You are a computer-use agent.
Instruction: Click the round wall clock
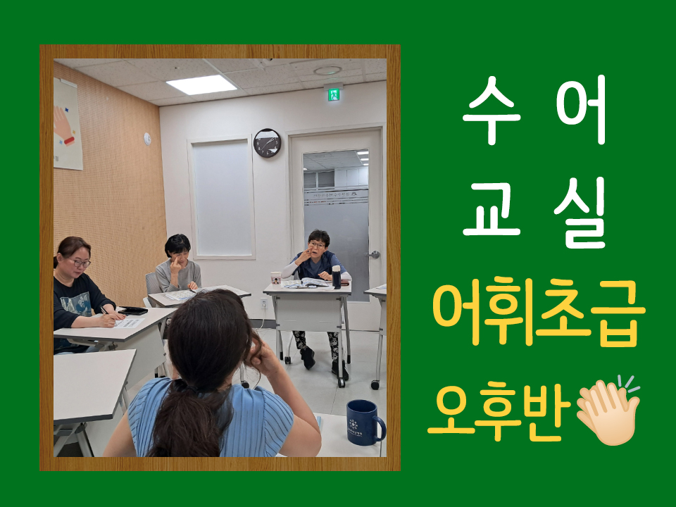[x=267, y=143]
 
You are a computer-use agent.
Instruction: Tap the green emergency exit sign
[x=334, y=94]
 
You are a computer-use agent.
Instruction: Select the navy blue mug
[x=365, y=422]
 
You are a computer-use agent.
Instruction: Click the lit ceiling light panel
[x=201, y=84]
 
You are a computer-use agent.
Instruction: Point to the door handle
[x=374, y=255]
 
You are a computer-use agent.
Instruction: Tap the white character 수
[x=489, y=110]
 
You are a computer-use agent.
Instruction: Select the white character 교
[x=492, y=210]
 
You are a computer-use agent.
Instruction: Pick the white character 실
[x=580, y=213]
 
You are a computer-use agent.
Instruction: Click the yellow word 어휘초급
[x=539, y=312]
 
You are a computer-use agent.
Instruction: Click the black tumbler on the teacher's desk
[x=337, y=277]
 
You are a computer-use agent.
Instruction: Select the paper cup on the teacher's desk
[x=276, y=279]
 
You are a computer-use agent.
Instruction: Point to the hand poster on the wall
[x=68, y=125]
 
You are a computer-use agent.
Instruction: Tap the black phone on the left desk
[x=133, y=311]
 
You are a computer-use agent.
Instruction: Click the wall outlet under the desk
[x=264, y=303]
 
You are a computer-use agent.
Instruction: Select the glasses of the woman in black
[x=80, y=262]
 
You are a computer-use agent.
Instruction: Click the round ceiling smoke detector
[x=327, y=70]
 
